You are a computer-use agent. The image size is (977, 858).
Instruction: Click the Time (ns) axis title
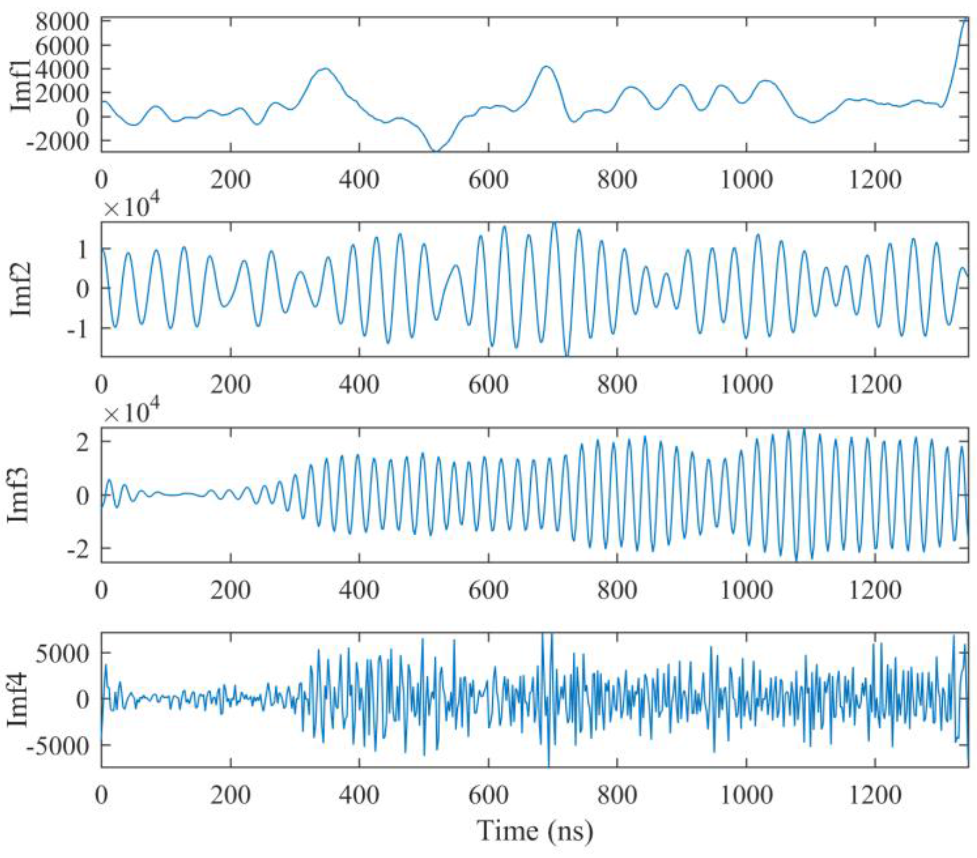click(x=536, y=831)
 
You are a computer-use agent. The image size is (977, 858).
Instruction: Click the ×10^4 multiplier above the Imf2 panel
click(x=132, y=209)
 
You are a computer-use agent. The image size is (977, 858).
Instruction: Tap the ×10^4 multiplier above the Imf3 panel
click(x=132, y=413)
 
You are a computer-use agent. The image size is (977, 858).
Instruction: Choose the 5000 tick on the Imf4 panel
click(x=62, y=653)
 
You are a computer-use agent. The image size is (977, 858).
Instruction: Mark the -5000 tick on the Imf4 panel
click(x=57, y=745)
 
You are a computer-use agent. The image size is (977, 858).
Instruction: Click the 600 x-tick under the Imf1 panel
click(x=488, y=181)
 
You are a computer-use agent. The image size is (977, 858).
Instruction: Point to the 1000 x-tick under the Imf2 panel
click(x=746, y=385)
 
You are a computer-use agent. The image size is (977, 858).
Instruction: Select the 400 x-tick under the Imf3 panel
click(x=359, y=590)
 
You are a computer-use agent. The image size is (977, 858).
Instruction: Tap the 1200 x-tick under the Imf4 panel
click(x=875, y=795)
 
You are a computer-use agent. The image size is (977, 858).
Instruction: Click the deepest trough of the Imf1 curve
click(x=435, y=151)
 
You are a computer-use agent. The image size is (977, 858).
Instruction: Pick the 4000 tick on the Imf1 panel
click(x=62, y=69)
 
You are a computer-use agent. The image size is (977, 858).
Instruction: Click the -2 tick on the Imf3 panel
click(x=78, y=548)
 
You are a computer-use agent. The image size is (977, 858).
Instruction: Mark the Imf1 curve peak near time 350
click(x=326, y=68)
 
